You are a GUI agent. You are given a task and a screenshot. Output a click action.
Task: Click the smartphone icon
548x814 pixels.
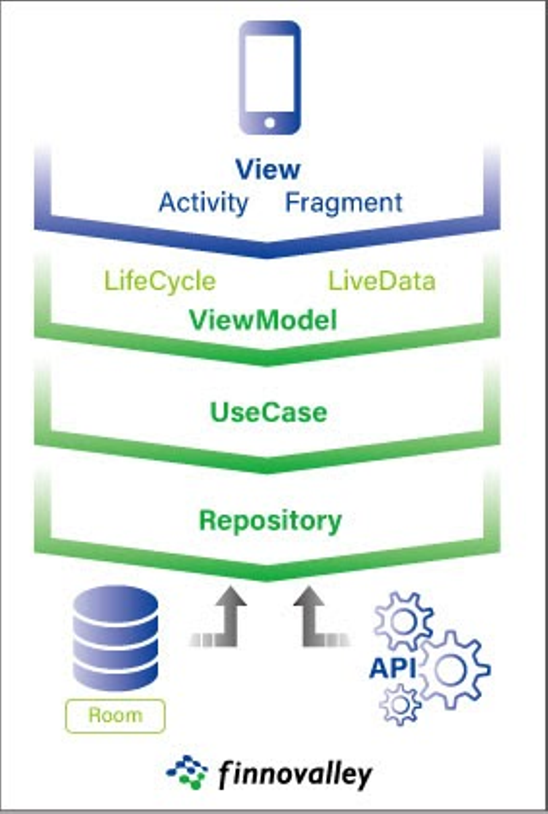pos(270,78)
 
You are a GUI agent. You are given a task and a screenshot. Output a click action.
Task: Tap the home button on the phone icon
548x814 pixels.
pos(270,123)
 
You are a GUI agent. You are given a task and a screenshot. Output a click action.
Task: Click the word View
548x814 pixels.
pos(268,170)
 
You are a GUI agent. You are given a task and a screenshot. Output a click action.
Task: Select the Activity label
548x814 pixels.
pos(203,203)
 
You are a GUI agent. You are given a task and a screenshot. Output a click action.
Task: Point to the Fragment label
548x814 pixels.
pos(343,203)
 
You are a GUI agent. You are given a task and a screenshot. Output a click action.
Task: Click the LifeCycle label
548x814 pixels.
pos(160,281)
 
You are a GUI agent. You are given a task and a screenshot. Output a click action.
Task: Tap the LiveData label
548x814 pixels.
pos(381,281)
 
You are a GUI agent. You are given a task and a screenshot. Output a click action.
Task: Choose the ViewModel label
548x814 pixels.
pos(263,320)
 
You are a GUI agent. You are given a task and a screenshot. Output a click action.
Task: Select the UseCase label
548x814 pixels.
pos(269,413)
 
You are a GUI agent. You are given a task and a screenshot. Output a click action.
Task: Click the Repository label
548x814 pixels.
pos(270,521)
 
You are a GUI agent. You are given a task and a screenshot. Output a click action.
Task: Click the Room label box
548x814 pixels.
pos(115,716)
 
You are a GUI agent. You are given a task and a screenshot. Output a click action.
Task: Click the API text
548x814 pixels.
pos(392,668)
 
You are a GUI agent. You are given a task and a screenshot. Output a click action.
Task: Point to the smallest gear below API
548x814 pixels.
pos(400,704)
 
